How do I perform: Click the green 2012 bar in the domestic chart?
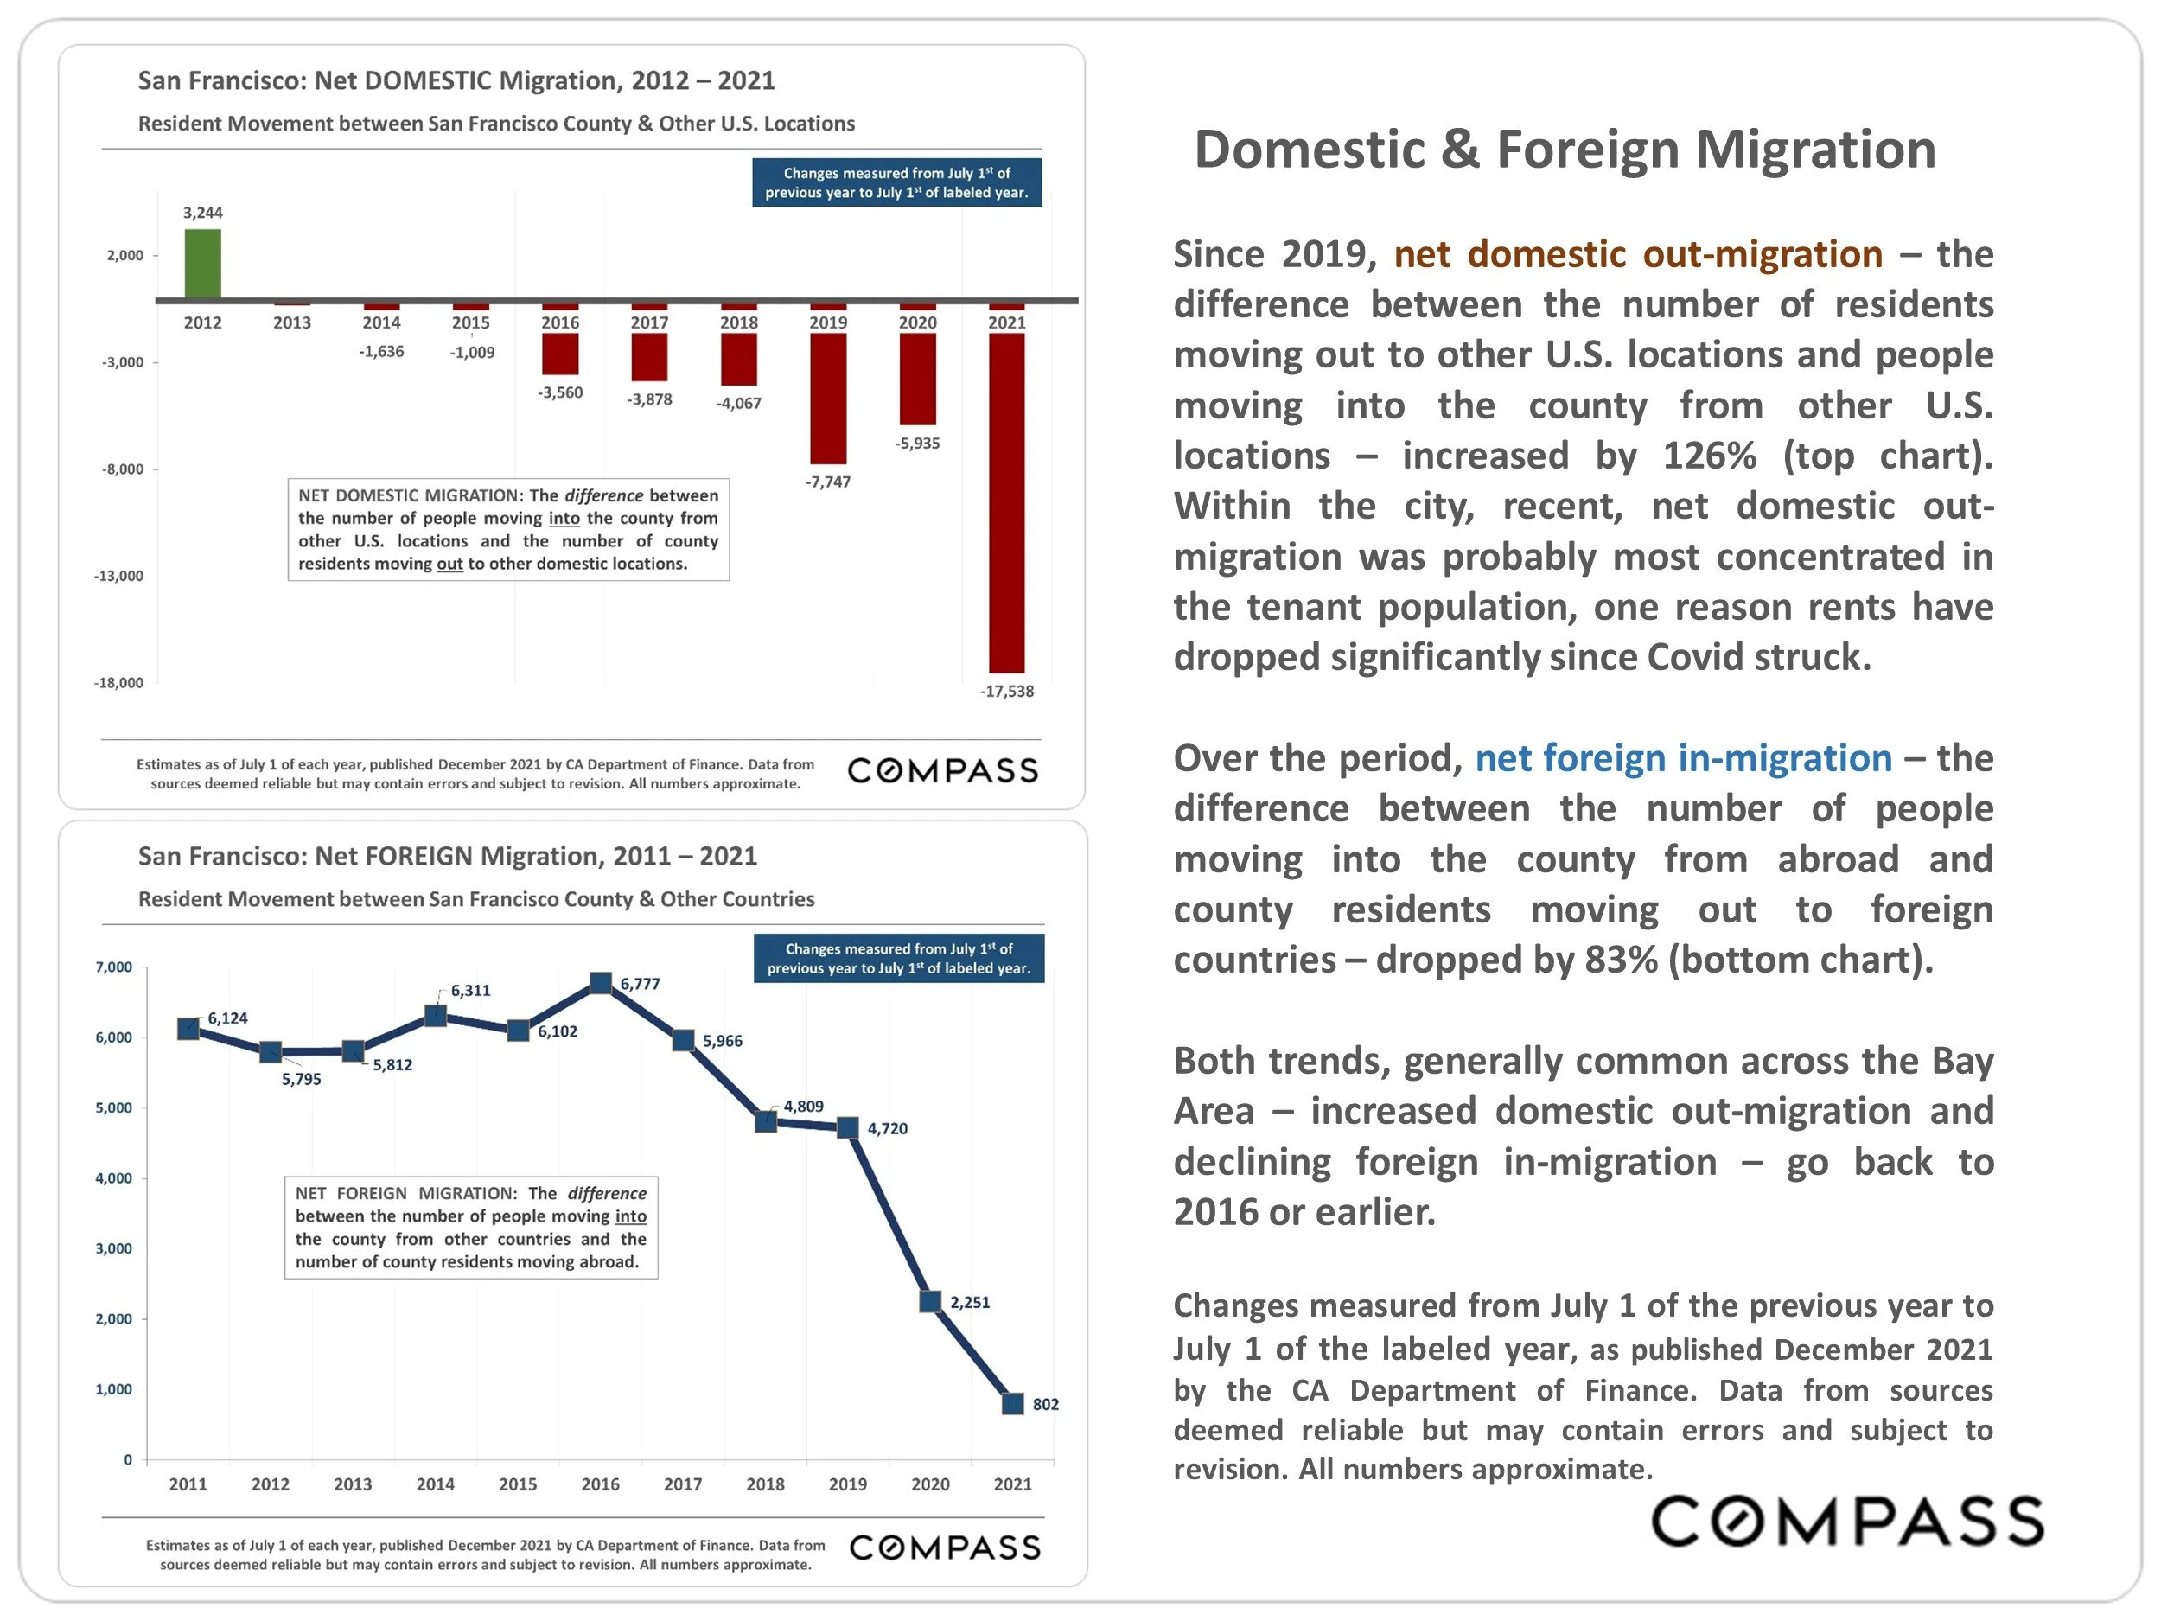click(x=202, y=264)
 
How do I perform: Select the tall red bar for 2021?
click(x=1006, y=502)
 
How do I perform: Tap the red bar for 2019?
click(x=827, y=399)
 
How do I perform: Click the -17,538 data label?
click(x=1006, y=691)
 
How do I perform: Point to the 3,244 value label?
click(x=202, y=213)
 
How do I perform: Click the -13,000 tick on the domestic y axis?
click(x=118, y=576)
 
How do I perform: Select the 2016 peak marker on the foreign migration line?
click(x=601, y=983)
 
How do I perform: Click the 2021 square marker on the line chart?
click(x=1013, y=1404)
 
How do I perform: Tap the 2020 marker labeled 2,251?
click(x=930, y=1301)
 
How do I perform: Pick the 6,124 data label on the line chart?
click(x=227, y=1018)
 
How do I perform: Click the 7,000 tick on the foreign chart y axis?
click(x=113, y=967)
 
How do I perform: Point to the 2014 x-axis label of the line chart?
click(x=435, y=1484)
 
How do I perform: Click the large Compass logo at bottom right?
click(x=1846, y=1521)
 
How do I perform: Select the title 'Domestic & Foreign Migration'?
click(x=1564, y=150)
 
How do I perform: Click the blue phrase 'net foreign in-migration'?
click(x=1682, y=758)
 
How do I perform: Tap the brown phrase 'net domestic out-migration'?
click(x=1637, y=254)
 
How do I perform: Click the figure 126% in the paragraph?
click(x=1711, y=456)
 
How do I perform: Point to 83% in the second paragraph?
click(x=1621, y=960)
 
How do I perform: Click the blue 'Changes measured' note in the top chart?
click(x=896, y=182)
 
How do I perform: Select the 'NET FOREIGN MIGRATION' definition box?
click(x=471, y=1228)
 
